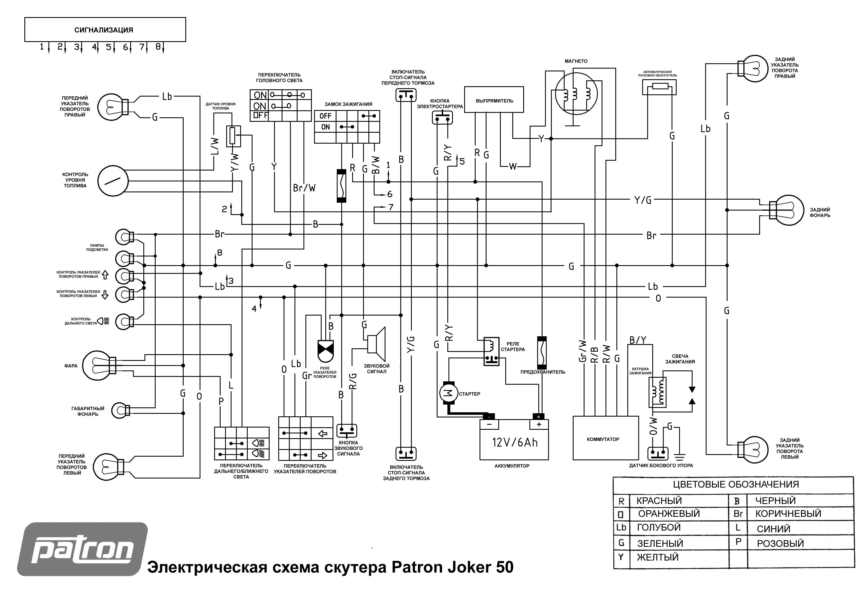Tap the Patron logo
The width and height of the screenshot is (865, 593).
click(x=83, y=549)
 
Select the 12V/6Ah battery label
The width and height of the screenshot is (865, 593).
click(x=515, y=442)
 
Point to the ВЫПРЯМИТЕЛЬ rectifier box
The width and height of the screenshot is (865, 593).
click(x=494, y=100)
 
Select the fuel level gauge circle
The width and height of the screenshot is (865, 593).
click(x=113, y=181)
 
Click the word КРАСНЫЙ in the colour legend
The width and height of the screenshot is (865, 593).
click(x=659, y=501)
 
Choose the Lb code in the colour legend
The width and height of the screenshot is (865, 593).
click(x=621, y=527)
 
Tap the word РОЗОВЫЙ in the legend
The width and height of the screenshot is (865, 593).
click(x=780, y=543)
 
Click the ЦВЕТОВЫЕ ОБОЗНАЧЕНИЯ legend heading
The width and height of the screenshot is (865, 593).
click(x=736, y=484)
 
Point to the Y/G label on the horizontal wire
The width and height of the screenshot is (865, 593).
click(x=643, y=200)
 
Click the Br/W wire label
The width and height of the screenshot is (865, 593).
click(x=304, y=188)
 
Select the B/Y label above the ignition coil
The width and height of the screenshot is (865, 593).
click(x=638, y=340)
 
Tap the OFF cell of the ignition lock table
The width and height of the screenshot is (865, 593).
click(x=325, y=116)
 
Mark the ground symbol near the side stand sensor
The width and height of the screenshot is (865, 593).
click(x=680, y=455)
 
